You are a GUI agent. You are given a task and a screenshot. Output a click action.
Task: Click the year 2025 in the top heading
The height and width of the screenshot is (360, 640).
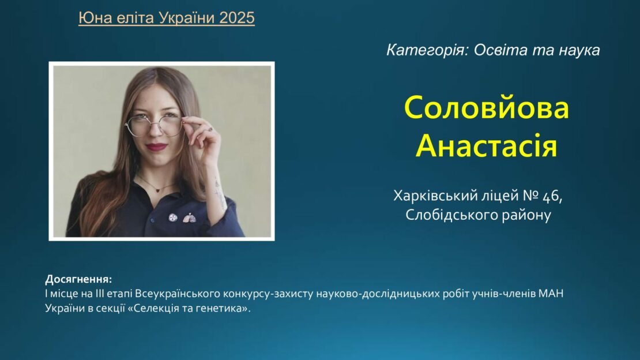click(237, 17)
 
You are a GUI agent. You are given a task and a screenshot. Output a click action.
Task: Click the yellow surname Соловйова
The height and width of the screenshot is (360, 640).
click(487, 107)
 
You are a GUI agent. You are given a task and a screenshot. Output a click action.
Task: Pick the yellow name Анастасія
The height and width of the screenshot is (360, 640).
click(487, 145)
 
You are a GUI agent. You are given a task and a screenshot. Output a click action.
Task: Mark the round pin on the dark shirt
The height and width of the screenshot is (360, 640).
click(173, 217)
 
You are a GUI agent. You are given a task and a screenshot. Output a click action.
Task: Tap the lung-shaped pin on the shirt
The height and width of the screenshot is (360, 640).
click(189, 218)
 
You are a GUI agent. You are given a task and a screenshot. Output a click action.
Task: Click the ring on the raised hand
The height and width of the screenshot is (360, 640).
click(210, 129)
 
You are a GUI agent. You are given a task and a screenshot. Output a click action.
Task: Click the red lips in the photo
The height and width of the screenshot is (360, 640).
click(157, 147)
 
